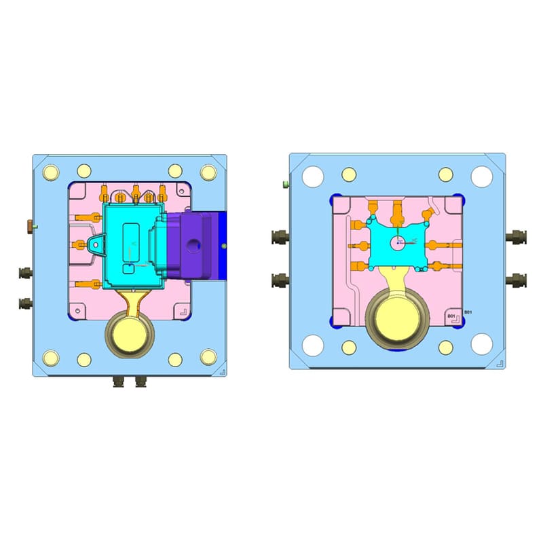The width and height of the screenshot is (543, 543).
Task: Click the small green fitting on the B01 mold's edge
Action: (x=286, y=183)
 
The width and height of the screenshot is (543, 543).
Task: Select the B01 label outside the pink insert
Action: (x=466, y=312)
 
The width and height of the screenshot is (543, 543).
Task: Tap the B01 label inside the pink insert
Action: (x=451, y=317)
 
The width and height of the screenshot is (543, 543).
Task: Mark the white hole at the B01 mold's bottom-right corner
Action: (x=481, y=344)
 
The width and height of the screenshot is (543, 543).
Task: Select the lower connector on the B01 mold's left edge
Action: (x=278, y=279)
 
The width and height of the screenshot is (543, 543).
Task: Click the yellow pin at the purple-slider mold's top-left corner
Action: (x=50, y=171)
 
